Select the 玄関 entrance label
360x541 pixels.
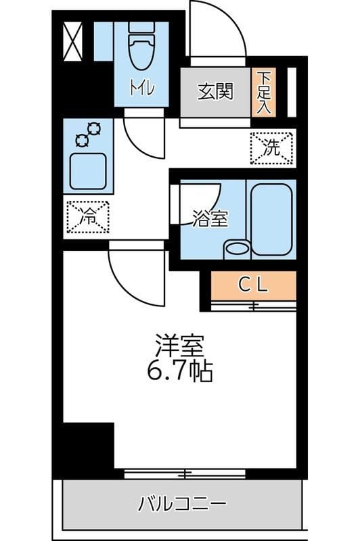click(215, 91)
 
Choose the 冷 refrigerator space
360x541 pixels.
click(88, 217)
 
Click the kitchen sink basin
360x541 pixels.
click(88, 170)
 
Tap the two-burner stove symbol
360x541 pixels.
click(88, 134)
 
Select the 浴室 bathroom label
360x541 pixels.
click(209, 219)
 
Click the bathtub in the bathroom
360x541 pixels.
click(271, 218)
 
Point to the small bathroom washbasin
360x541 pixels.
click(237, 248)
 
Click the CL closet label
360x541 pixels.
click(253, 285)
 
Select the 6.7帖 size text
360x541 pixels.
click(179, 371)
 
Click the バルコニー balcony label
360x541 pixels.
click(181, 504)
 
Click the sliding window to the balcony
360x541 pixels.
click(185, 473)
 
